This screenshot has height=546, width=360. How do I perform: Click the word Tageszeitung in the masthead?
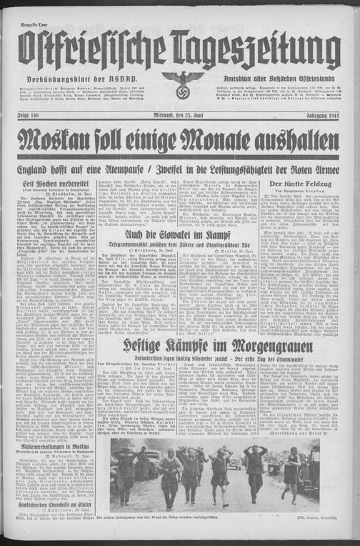(x=256, y=51)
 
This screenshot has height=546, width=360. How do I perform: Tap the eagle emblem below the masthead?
(x=180, y=86)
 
